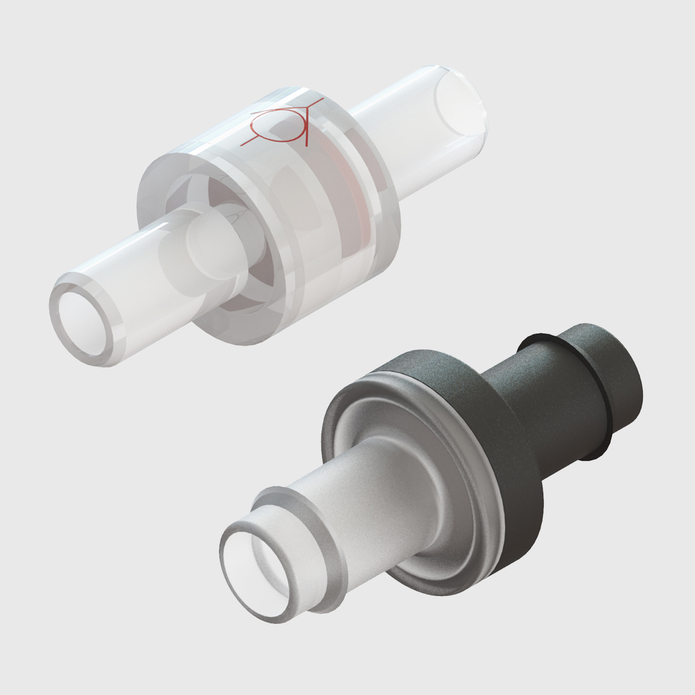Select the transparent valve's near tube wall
[133, 255]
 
